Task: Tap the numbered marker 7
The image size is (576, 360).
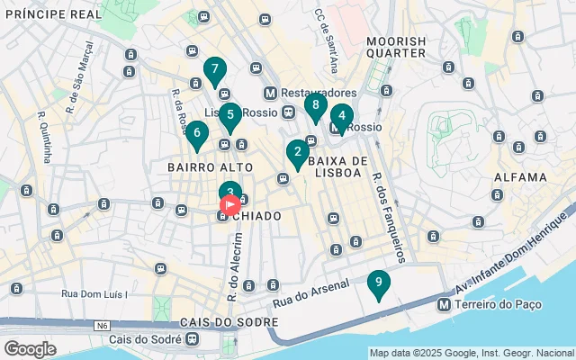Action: click(x=214, y=69)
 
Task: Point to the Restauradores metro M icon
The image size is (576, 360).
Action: click(x=270, y=94)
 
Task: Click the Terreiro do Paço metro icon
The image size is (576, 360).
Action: click(x=444, y=305)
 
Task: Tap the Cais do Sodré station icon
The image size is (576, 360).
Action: click(x=192, y=338)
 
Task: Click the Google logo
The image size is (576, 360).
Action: click(x=30, y=348)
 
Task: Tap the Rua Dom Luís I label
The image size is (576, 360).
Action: click(x=94, y=293)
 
